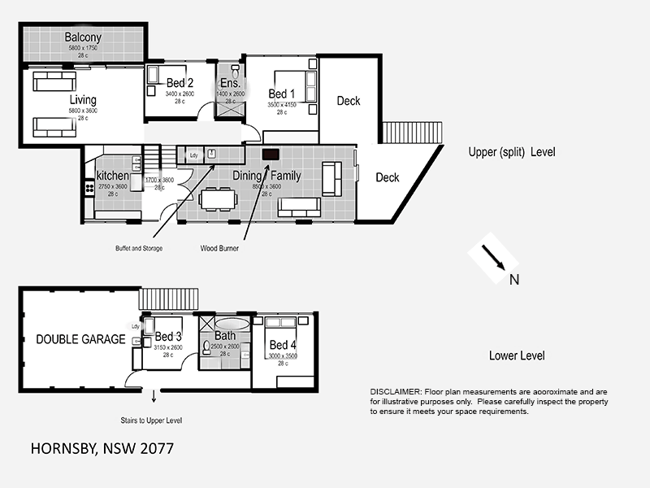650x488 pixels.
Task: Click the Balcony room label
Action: [x=82, y=37]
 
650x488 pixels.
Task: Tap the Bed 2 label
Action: [x=180, y=83]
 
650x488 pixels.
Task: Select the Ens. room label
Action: [x=230, y=83]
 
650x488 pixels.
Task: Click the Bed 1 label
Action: [x=282, y=94]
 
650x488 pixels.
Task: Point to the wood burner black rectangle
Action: [x=271, y=154]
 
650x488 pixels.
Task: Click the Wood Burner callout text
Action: [x=219, y=248]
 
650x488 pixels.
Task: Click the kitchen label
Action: [x=112, y=176]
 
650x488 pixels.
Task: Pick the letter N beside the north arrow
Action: [x=513, y=281]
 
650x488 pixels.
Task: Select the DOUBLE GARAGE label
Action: [x=80, y=339]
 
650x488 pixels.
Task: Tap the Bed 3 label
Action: [x=168, y=337]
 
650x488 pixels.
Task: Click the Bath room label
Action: [x=224, y=337]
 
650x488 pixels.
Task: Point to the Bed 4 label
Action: [x=283, y=344]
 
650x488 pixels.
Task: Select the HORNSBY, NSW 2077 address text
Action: [x=102, y=448]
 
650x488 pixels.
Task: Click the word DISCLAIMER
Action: [x=396, y=392]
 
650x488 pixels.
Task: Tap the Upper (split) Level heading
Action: [x=512, y=152]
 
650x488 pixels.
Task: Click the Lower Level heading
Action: [x=517, y=355]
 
